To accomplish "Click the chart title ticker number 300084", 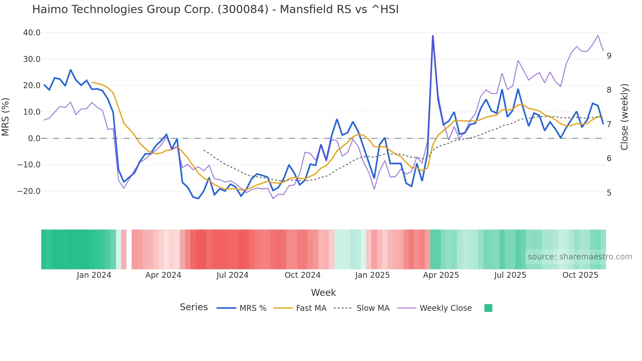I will point(243,9).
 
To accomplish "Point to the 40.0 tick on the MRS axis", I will point(32,33).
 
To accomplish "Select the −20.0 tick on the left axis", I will point(29,191).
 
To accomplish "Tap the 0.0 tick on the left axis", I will point(34,139).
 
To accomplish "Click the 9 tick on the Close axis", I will point(609,56).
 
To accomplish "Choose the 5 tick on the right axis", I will point(609,193).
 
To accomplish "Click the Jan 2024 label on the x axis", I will point(94,275).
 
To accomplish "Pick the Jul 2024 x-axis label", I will point(233,275).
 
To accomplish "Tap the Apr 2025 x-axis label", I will point(441,275).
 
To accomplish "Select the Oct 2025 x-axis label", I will point(580,275).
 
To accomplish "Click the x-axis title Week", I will point(323,293).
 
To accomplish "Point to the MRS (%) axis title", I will point(6,117).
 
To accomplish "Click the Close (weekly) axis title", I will point(624,117).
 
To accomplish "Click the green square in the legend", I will point(488,308).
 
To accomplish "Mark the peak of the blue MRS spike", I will point(433,35).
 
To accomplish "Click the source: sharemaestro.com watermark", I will point(580,257).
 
